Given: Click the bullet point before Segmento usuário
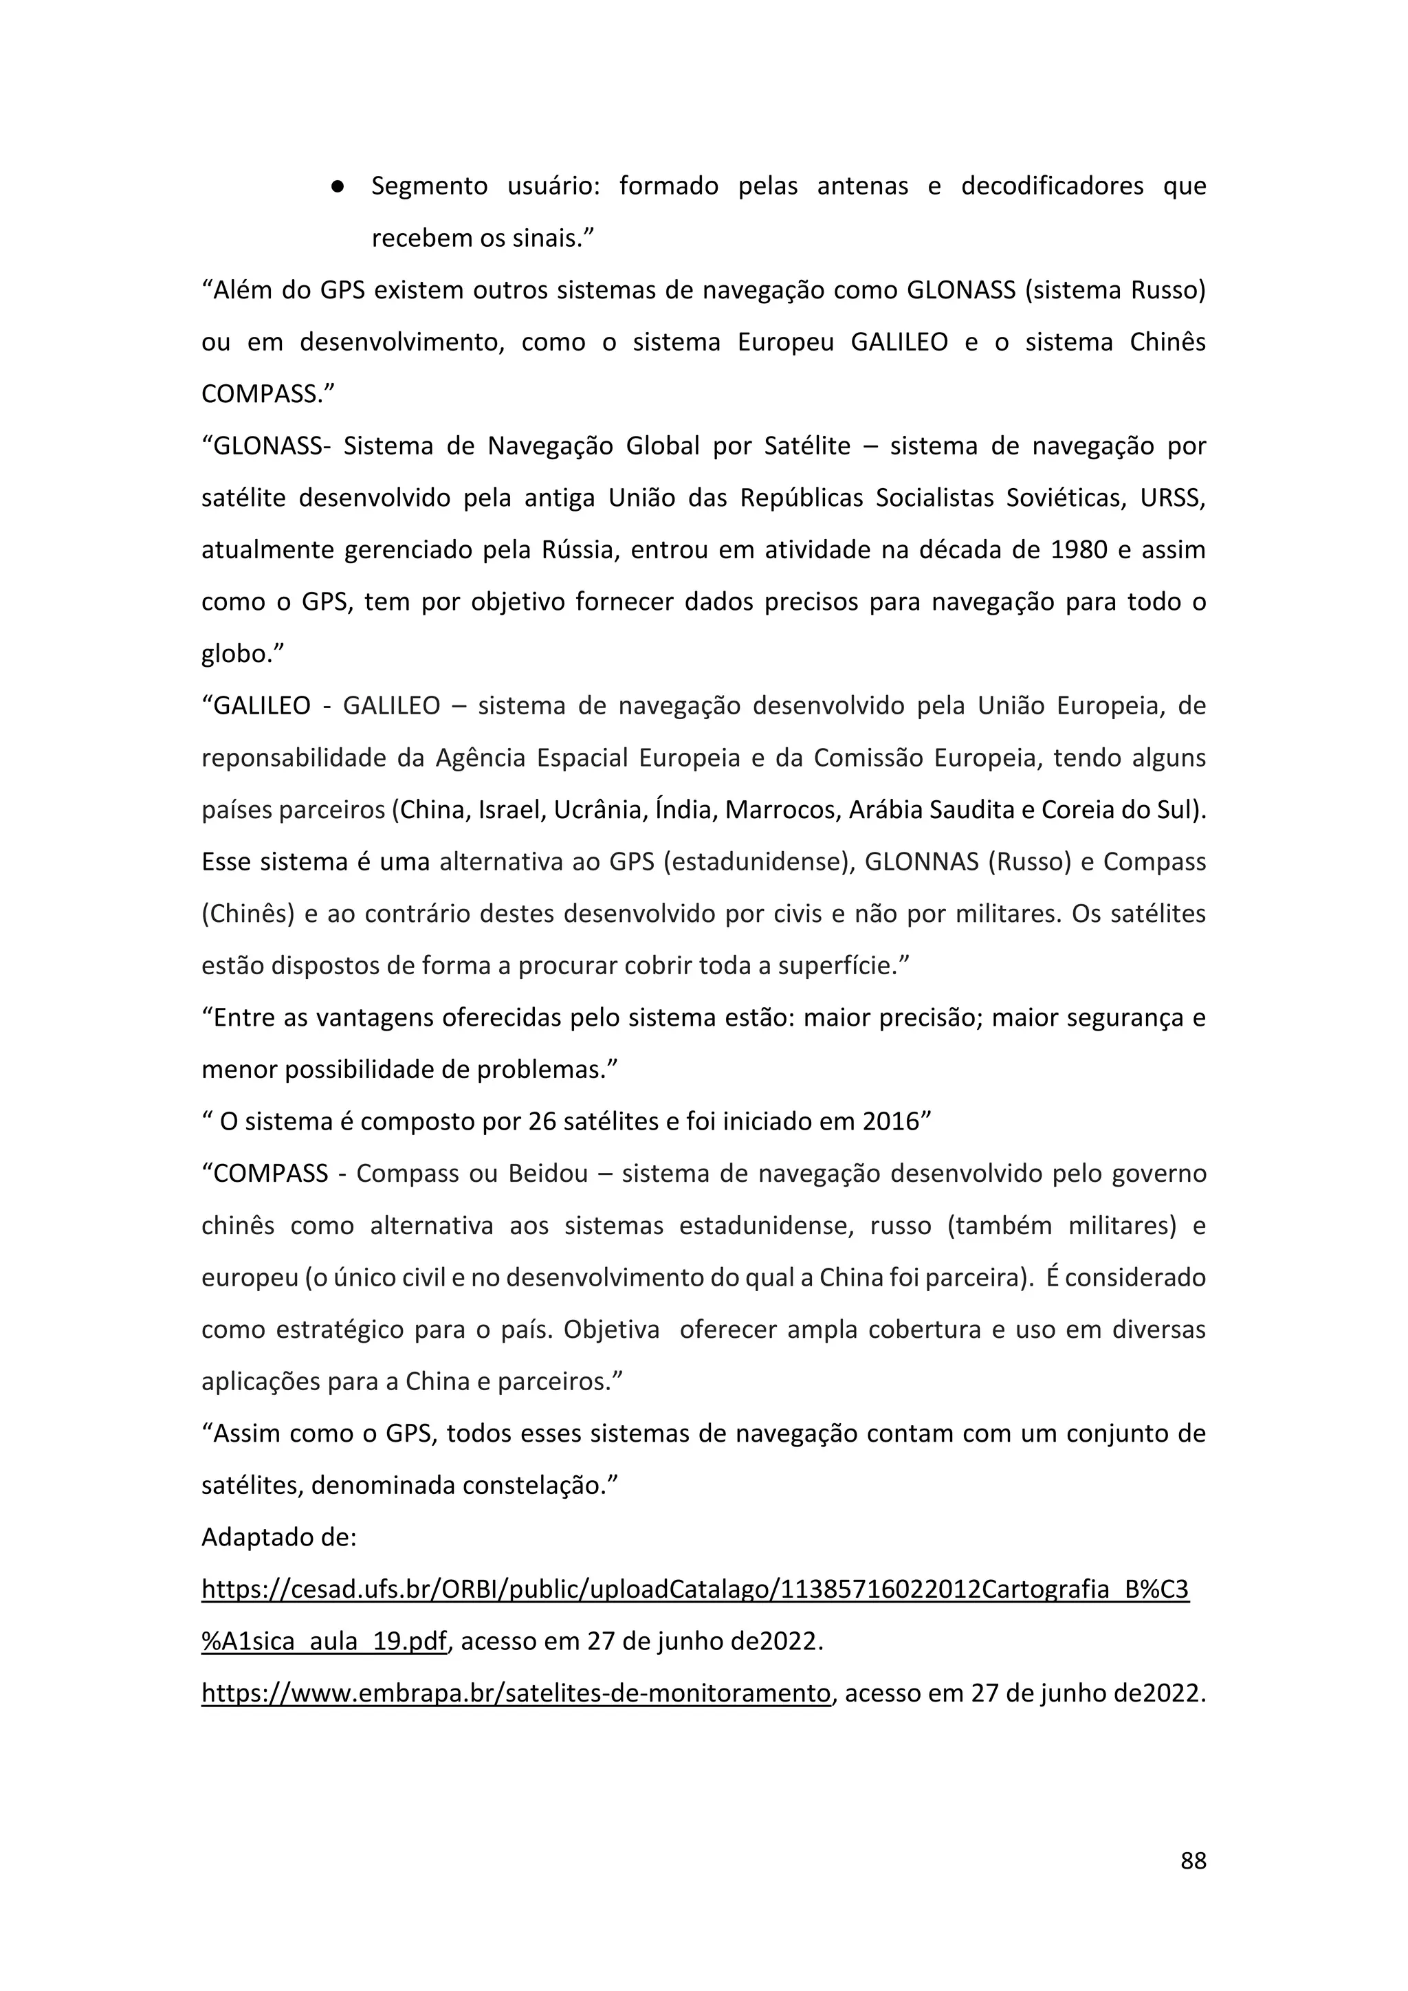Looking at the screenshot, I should pyautogui.click(x=339, y=187).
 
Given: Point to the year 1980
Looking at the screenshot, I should pyautogui.click(x=1079, y=551).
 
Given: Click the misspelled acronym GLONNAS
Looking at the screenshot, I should pyautogui.click(x=922, y=862).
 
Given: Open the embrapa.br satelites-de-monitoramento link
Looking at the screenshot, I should pyautogui.click(x=516, y=1693).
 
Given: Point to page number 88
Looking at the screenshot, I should pyautogui.click(x=1193, y=1885).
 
